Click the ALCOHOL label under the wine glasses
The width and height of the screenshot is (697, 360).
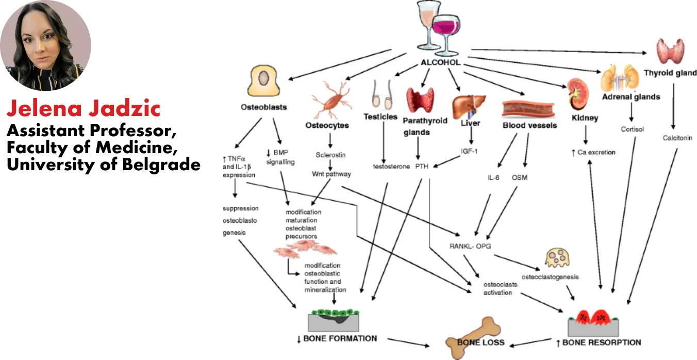440,63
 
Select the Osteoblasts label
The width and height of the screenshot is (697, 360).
263,107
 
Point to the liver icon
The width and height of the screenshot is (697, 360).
469,105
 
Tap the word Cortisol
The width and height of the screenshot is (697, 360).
632,129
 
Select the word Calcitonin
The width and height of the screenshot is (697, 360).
677,138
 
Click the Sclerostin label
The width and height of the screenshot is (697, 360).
330,155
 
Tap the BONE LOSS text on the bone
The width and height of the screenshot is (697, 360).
481,342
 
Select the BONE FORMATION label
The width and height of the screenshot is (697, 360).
337,339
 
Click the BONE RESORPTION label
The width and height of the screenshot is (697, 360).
598,342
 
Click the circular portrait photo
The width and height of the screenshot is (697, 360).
45,45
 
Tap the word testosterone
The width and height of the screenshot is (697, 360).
391,166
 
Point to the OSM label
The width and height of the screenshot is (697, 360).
519,177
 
